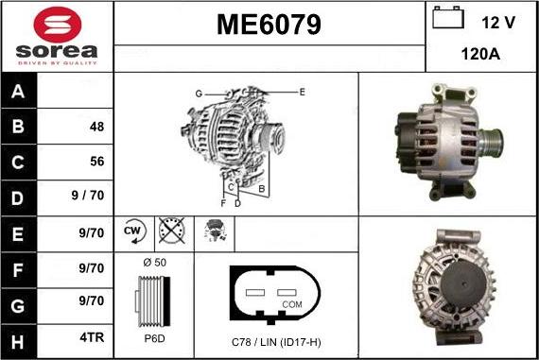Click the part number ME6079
[x=268, y=23]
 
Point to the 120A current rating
[x=480, y=55]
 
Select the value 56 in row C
[x=96, y=162]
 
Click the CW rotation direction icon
[x=132, y=231]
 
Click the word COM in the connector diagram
[x=291, y=305]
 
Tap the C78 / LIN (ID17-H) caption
[x=276, y=340]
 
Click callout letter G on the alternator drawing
[x=199, y=94]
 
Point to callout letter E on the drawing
[x=302, y=92]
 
